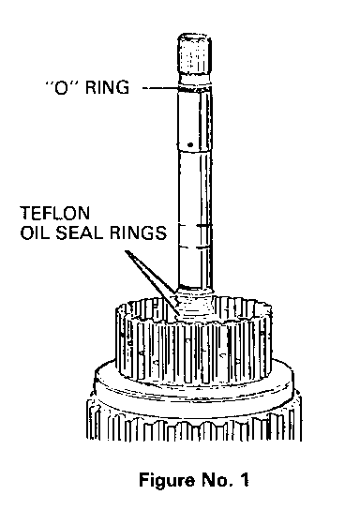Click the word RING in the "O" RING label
(107, 87)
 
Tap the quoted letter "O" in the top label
(61, 87)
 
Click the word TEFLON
(55, 213)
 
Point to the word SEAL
(81, 232)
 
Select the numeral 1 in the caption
(245, 480)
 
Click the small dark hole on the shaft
(190, 144)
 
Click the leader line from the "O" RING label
(160, 88)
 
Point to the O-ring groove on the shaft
(195, 87)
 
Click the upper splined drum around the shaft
(194, 340)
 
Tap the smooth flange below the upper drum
(194, 387)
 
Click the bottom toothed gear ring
(194, 423)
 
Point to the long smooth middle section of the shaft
(195, 188)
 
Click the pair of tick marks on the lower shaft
(195, 236)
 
